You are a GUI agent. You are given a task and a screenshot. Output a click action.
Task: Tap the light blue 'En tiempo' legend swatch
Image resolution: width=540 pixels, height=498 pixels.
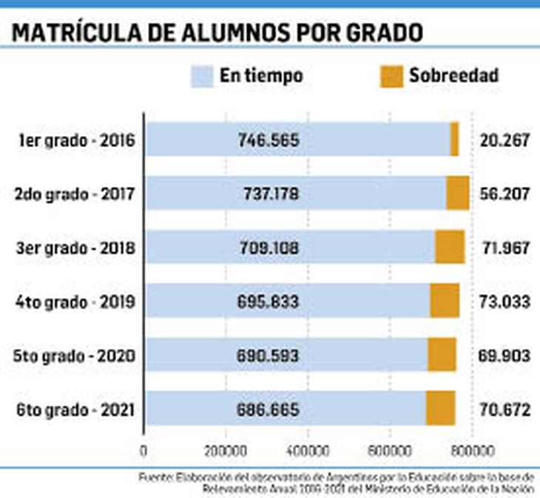coord(202,75)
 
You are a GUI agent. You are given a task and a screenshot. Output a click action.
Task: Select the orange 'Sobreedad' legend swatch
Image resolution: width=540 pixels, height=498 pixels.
coord(391,75)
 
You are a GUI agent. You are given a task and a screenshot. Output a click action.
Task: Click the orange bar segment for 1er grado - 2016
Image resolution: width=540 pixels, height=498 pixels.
coord(454,139)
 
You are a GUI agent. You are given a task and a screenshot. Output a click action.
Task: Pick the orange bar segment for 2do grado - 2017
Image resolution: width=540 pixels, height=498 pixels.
coord(457,193)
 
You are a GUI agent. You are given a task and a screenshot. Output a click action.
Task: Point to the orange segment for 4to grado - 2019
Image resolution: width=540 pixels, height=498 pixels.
coord(445,301)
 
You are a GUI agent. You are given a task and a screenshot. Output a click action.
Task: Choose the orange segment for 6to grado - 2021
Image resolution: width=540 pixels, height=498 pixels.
coord(440,408)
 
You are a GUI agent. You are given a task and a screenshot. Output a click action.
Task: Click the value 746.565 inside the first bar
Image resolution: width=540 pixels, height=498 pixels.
coord(269,140)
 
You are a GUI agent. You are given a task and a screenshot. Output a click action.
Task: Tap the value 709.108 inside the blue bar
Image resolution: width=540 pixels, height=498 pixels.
coord(269,248)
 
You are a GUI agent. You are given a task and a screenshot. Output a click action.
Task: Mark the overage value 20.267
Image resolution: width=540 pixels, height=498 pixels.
coord(505,140)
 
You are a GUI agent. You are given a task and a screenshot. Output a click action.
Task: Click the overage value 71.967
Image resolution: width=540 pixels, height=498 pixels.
coord(505,248)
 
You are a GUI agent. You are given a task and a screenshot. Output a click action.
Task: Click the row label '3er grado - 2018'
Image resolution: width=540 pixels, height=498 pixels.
coord(75,248)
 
